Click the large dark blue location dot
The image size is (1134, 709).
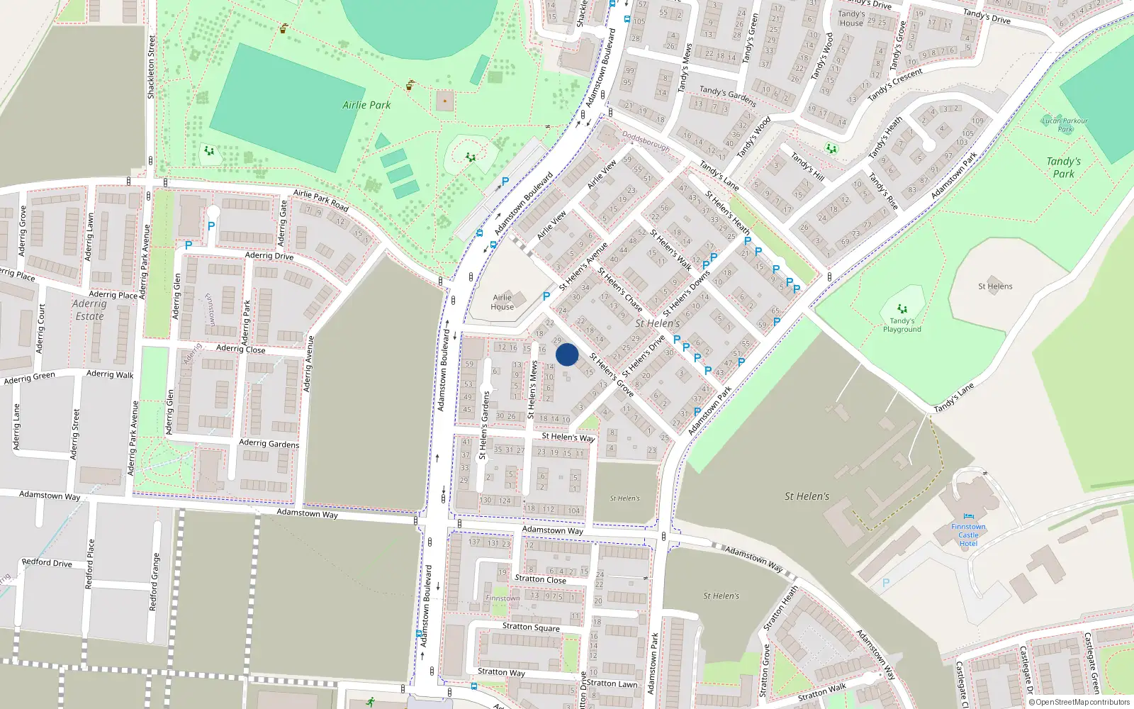(567, 354)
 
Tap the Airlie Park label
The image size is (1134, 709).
(366, 105)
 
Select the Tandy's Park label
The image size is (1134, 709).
(1063, 167)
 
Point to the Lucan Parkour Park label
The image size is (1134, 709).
(1065, 125)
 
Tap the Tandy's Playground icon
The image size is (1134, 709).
(902, 309)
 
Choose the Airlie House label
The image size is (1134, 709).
(503, 302)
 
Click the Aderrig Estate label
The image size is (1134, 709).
(89, 310)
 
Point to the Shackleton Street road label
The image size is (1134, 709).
(151, 67)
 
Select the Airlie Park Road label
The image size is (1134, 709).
(320, 201)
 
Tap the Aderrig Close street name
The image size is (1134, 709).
(241, 349)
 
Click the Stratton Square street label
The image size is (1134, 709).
(531, 627)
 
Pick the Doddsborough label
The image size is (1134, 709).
(646, 141)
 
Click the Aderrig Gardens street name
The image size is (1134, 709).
(269, 443)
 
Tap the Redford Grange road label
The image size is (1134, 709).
(153, 582)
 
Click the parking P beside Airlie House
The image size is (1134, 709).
(546, 297)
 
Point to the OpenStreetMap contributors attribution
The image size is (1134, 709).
(1079, 703)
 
